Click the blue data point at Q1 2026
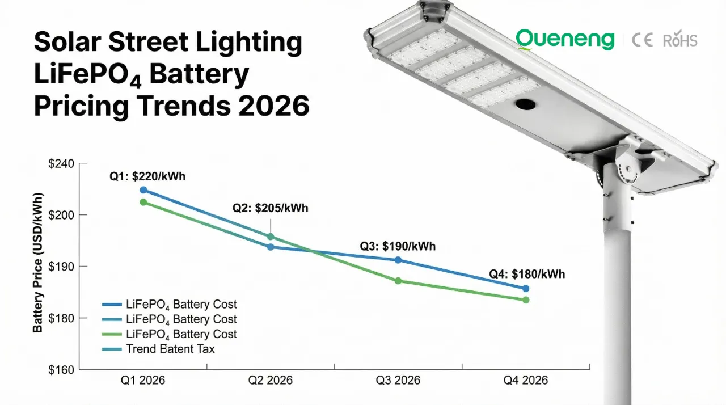143,190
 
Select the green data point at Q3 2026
398,281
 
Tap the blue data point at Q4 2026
526,288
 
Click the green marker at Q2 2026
271,237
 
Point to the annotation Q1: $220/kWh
147,177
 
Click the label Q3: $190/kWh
398,247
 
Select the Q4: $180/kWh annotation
527,275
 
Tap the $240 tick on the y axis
61,164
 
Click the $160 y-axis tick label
61,370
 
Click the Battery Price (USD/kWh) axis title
38,263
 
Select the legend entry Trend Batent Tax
170,349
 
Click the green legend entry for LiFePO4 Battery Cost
181,334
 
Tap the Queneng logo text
565,40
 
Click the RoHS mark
679,40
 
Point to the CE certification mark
643,40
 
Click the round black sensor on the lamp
525,106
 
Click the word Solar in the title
68,43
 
